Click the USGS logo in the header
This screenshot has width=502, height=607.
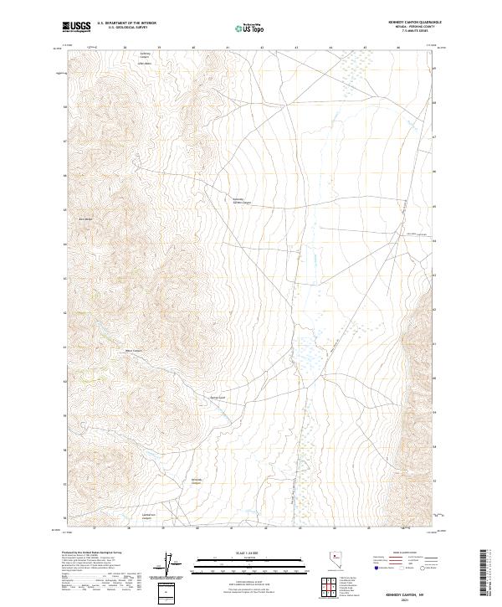pos(77,28)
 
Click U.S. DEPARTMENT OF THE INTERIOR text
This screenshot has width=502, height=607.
pos(126,24)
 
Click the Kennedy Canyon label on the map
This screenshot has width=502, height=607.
pos(197,481)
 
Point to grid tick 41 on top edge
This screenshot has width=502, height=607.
pos(228,48)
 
